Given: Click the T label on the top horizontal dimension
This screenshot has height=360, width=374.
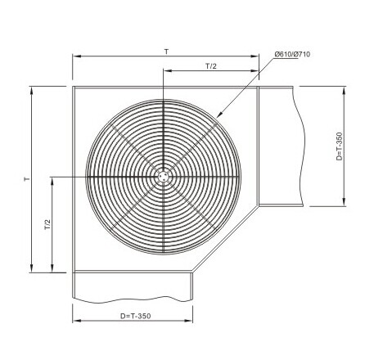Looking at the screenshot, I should pos(166,51).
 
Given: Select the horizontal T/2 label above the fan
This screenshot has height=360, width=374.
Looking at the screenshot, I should pos(211,65).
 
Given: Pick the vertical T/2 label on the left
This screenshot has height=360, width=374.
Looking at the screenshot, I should pos(47,223).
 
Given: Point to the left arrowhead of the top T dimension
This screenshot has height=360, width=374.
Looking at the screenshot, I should pos(75,56).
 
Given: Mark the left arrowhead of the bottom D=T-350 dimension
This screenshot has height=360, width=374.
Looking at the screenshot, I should pos(75,322).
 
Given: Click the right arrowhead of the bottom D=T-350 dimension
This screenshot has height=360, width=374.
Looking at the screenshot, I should pos(192,322).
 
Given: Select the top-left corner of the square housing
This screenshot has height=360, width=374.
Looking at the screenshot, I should pos(73,85).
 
